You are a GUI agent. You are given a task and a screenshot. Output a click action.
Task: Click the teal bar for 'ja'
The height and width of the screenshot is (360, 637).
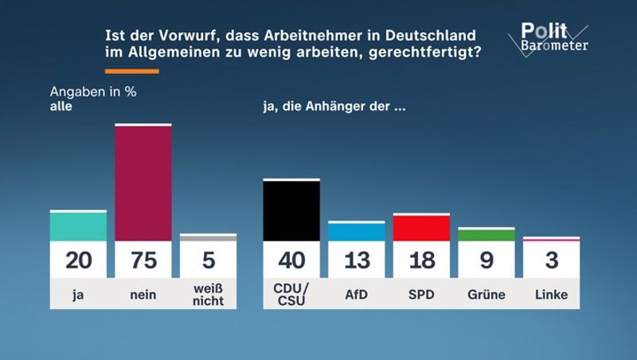click(78, 226)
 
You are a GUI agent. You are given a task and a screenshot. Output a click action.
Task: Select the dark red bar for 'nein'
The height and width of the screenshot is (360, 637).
click(143, 183)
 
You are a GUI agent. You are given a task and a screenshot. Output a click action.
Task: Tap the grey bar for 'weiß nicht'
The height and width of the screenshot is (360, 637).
click(208, 237)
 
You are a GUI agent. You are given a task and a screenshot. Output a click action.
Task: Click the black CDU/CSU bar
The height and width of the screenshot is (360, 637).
click(291, 211)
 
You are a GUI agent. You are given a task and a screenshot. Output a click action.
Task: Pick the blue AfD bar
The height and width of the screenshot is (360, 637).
click(356, 232)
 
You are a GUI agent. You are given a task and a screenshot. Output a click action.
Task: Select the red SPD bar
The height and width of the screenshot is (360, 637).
click(421, 228)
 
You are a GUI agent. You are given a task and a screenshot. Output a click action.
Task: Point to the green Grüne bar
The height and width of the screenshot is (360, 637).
click(487, 235)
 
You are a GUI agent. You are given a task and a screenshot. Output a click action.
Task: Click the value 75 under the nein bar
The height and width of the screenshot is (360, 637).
click(143, 260)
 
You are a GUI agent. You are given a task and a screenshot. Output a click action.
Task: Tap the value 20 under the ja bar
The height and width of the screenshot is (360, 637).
click(78, 260)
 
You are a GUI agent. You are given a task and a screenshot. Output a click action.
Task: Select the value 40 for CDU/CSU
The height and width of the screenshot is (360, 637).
click(291, 260)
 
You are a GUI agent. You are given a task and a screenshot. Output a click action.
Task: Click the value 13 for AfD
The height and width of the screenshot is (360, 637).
click(356, 260)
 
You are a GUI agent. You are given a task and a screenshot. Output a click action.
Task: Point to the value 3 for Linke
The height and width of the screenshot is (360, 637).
click(552, 260)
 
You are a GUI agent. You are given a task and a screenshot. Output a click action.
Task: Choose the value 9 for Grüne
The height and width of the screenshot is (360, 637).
click(487, 260)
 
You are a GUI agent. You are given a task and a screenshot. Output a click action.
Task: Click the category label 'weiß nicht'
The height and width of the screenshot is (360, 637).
click(208, 295)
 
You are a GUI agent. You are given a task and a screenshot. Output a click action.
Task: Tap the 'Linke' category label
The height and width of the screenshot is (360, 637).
click(552, 295)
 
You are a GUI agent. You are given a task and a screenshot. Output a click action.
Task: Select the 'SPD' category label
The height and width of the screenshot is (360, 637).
click(421, 295)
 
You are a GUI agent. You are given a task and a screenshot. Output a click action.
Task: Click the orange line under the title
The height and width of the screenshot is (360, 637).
click(132, 72)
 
